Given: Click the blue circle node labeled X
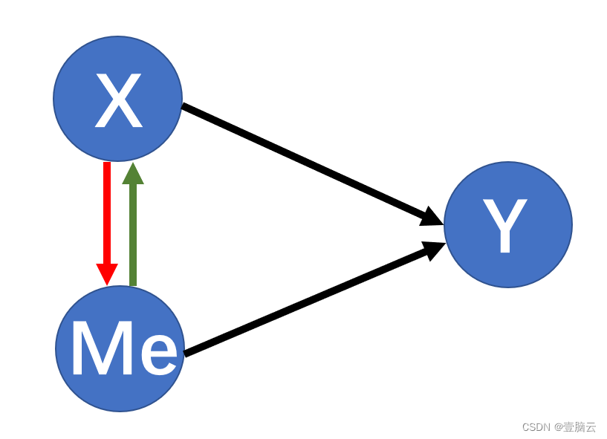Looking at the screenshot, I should point(117,99).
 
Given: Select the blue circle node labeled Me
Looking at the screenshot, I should point(120,348).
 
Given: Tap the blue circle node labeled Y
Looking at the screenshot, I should point(508,224).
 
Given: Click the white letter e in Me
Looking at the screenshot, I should point(158,354).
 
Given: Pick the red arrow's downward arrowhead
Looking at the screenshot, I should point(107,273).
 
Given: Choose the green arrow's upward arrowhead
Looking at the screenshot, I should point(133,174).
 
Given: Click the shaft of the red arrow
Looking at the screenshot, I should point(107,212).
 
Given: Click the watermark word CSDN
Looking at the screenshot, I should point(536,427).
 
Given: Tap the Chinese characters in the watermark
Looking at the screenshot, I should point(580,427).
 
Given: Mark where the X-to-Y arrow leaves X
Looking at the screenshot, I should point(185,107).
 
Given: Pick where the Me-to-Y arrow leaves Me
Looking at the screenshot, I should point(186,353).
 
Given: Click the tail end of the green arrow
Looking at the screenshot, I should point(133,283).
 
